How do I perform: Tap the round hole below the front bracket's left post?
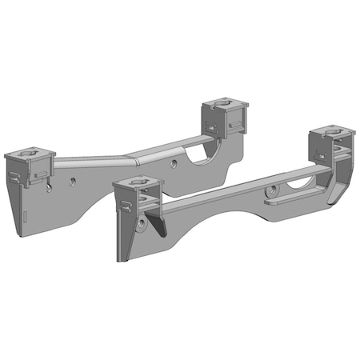pyautogui.click(x=142, y=228)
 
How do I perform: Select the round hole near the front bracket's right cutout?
pyautogui.click(x=273, y=190)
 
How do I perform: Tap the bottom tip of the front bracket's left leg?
pyautogui.click(x=121, y=260)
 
